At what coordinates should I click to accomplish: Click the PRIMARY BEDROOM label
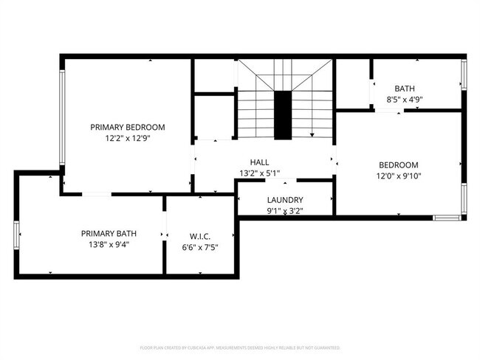(128, 127)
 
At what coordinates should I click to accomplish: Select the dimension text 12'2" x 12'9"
(128, 138)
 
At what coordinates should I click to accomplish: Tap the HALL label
(259, 162)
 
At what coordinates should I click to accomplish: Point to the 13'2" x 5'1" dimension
(259, 173)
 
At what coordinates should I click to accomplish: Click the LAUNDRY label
(284, 200)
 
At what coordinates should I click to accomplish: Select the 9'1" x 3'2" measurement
(284, 211)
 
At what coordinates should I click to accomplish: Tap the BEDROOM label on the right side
(399, 165)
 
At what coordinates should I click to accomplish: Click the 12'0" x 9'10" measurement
(399, 176)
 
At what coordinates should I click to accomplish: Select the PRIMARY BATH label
(111, 233)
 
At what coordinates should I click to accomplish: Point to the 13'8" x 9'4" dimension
(111, 244)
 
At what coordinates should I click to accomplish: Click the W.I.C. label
(199, 237)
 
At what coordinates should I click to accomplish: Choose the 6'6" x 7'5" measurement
(199, 248)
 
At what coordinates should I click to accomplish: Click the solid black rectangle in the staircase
(283, 115)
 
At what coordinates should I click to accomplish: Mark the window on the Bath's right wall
(464, 74)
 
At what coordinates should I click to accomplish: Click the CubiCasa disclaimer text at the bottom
(240, 347)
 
